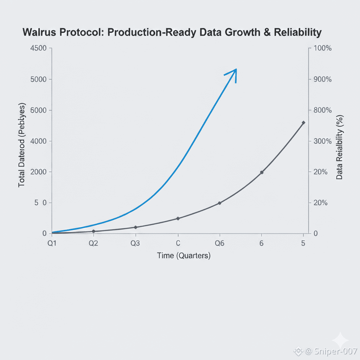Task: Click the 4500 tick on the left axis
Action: click(x=39, y=48)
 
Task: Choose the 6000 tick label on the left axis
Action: click(x=39, y=110)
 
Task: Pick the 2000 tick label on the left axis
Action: click(x=39, y=172)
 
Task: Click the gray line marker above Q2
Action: click(x=94, y=231)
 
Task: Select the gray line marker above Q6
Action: click(x=220, y=203)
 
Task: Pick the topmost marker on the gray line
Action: click(x=303, y=122)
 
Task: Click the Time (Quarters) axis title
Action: click(x=184, y=256)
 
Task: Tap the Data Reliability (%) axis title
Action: click(x=339, y=147)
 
